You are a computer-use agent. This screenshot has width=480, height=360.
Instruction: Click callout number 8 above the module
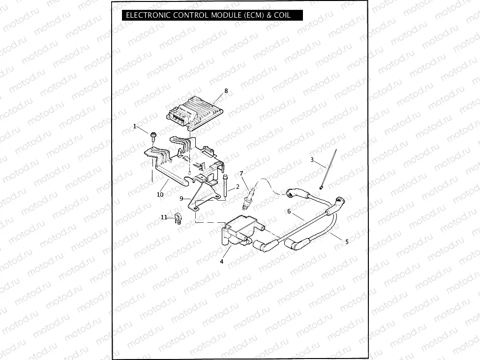[226, 91]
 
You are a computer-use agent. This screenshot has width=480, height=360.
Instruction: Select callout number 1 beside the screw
[135, 126]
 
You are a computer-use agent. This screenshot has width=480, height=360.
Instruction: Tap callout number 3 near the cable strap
[312, 160]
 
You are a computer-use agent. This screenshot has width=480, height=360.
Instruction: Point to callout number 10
[160, 194]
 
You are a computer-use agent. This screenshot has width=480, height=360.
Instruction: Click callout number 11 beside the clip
[164, 217]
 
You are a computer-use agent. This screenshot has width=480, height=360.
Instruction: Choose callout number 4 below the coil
[222, 262]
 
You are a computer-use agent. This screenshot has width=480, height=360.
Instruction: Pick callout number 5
[347, 241]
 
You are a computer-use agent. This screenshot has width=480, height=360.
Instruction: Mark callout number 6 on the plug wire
[289, 211]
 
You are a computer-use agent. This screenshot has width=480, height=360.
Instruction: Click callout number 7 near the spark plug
[241, 173]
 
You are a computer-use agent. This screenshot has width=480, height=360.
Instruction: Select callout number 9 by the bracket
[181, 198]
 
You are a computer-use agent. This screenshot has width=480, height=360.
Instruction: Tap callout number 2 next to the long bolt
[238, 187]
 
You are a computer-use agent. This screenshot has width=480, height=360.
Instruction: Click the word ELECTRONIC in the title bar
[147, 15]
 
